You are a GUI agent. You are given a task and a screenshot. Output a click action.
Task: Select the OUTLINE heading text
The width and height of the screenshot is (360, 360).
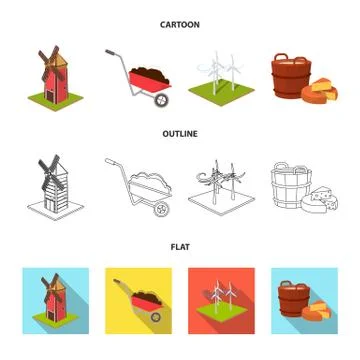180,129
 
